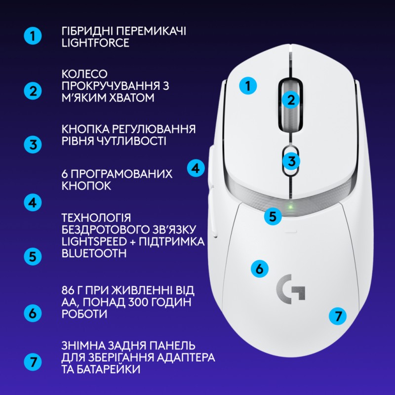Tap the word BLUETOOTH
pos(94,253)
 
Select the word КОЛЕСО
pos(84,74)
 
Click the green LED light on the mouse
pos(291,206)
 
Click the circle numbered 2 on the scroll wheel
pos(291,99)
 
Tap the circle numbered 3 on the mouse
pos(291,160)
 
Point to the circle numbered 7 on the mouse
pos(338,316)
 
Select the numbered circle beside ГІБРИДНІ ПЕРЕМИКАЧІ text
pos(33,36)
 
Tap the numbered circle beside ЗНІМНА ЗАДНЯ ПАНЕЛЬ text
pos(33,361)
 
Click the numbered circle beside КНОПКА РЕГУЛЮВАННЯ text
pos(33,145)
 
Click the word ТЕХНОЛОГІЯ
pos(96,217)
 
